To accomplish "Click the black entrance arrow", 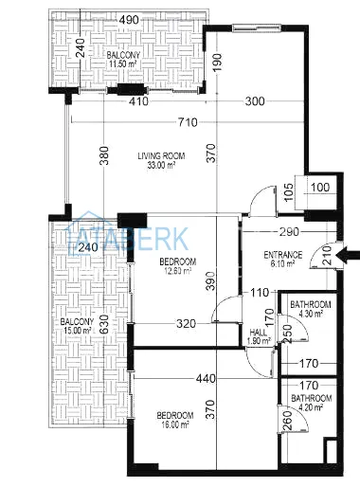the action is [349, 255].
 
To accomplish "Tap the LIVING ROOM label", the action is [161, 155].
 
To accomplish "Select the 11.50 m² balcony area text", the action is [123, 63].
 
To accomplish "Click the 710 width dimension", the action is [188, 122].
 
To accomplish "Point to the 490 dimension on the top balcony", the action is [129, 20].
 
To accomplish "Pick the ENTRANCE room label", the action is [283, 255].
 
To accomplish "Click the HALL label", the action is [259, 333].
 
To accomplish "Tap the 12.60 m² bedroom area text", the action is [178, 270].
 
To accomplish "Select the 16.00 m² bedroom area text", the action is [175, 424].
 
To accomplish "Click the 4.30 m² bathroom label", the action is [311, 314].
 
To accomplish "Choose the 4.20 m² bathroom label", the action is [311, 407].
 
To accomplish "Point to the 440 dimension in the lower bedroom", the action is [206, 378].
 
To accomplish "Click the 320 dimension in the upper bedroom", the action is [186, 324].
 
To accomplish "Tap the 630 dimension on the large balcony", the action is [104, 325].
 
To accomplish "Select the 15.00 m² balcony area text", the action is [78, 331].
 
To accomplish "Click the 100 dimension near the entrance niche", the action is [320, 188].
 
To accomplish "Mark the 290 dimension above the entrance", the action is [289, 232].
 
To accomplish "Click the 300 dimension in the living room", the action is [255, 101].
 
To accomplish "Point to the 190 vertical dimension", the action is [217, 63].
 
